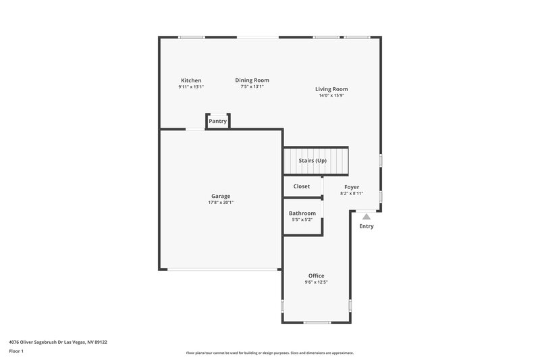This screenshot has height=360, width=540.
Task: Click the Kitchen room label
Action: click(190, 80)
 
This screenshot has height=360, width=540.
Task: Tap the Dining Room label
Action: click(252, 80)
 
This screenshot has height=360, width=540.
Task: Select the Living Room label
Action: click(331, 89)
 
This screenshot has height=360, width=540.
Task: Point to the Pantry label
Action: click(217, 122)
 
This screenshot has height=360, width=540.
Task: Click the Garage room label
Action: click(221, 196)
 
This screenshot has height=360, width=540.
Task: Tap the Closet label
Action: click(302, 186)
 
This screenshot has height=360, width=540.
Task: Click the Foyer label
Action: click(352, 186)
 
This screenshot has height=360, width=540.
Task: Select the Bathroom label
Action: click(302, 213)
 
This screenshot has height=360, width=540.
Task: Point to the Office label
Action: click(316, 276)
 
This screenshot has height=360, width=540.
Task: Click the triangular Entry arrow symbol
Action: click(366, 217)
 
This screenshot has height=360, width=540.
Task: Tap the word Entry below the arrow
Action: click(366, 226)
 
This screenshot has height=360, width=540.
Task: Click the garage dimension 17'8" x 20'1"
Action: click(221, 203)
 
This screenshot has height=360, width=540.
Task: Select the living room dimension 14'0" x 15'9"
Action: click(331, 96)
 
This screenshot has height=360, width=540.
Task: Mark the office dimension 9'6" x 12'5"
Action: click(316, 282)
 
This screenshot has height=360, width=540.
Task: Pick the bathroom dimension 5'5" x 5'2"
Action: click(302, 220)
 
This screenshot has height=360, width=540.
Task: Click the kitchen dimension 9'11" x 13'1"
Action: click(190, 86)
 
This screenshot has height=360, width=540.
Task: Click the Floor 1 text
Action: click(16, 351)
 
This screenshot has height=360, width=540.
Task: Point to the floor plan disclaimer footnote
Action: click(269, 353)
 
